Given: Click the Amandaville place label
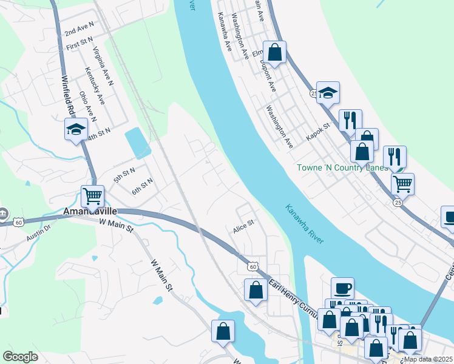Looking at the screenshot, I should click(90, 212).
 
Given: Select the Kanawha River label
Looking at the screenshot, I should click(305, 224).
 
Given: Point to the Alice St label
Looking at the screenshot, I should click(243, 230).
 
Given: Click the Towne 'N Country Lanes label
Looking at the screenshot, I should click(342, 167).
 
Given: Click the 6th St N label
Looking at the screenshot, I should click(142, 186).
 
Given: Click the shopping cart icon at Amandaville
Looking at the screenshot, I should click(92, 196).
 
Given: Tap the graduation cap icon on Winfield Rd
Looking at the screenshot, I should click(76, 129).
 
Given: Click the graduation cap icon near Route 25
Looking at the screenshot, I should click(328, 92).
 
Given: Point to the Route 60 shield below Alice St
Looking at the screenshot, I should click(252, 266).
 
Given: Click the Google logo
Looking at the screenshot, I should click(21, 357).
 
